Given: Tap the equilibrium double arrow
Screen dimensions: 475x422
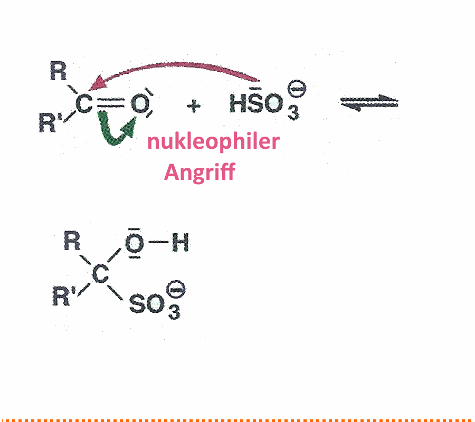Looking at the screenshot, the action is (369, 103).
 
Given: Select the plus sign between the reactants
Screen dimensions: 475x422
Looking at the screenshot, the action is (194, 106).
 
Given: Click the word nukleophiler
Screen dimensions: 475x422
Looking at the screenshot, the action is (213, 141).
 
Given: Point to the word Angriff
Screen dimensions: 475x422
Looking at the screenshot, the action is (199, 171).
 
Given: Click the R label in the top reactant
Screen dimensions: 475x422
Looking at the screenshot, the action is (58, 71).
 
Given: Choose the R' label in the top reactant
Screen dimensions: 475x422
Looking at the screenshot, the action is (50, 122).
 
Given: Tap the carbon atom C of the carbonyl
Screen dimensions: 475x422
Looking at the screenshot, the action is (84, 104).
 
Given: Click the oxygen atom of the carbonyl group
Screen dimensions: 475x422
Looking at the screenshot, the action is (140, 103).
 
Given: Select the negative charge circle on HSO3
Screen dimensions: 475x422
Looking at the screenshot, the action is (297, 89).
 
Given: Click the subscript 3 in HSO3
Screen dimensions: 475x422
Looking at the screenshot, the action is (293, 113).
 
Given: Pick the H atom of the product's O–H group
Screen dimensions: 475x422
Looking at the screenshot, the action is (180, 242).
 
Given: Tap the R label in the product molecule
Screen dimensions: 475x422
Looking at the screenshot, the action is (72, 241).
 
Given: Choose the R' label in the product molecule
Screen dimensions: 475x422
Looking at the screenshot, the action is (64, 296).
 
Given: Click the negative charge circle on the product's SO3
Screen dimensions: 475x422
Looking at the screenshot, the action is (176, 289).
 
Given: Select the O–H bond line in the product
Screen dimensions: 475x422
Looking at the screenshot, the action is (158, 242).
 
